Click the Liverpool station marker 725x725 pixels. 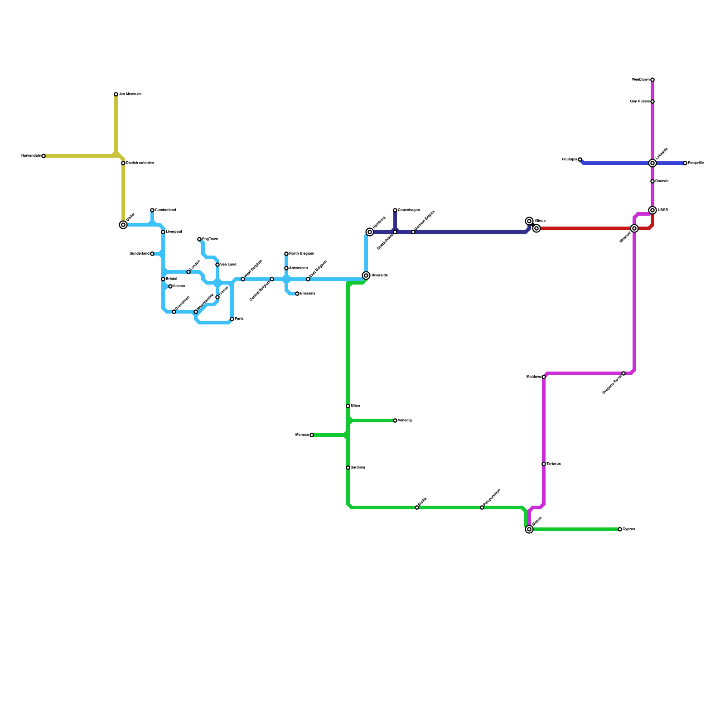(x=163, y=232)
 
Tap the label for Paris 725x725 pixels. (x=239, y=319)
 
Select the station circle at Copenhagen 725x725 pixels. (x=395, y=210)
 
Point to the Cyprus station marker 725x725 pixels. (x=620, y=529)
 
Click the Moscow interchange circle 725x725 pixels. (x=634, y=228)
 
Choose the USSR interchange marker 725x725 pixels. (x=652, y=210)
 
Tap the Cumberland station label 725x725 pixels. (x=165, y=210)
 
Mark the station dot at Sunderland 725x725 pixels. (x=152, y=254)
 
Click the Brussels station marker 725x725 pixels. (x=297, y=294)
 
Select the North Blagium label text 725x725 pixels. (x=301, y=254)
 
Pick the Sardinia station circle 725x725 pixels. (x=348, y=468)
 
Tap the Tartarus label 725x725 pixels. (x=553, y=464)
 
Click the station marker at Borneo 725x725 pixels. (x=312, y=435)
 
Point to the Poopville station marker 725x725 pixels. (x=685, y=163)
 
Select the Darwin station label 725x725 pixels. (x=662, y=181)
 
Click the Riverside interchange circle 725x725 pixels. (x=366, y=275)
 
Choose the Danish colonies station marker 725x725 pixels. (x=123, y=163)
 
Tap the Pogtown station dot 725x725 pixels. (x=199, y=239)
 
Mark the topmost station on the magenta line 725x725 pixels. (x=652, y=80)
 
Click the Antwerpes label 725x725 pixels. (x=298, y=268)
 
